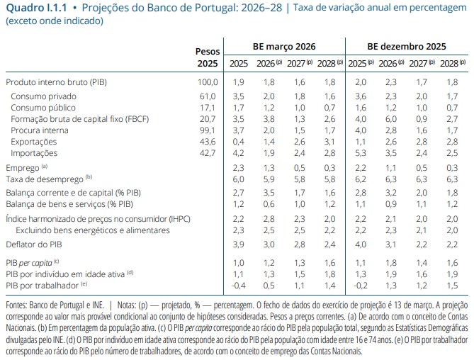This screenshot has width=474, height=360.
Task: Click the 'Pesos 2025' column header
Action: [x=208, y=57]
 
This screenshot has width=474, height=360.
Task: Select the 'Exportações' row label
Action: [x=34, y=142]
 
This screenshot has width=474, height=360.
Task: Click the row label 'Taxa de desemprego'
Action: [x=45, y=180]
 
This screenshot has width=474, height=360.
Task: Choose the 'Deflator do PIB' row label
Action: [x=34, y=244]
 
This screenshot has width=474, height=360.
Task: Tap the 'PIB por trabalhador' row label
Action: [x=43, y=285]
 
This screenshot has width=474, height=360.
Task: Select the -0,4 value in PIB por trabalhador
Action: [x=237, y=285]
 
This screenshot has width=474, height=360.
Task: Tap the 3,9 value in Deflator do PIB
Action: [x=239, y=244]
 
